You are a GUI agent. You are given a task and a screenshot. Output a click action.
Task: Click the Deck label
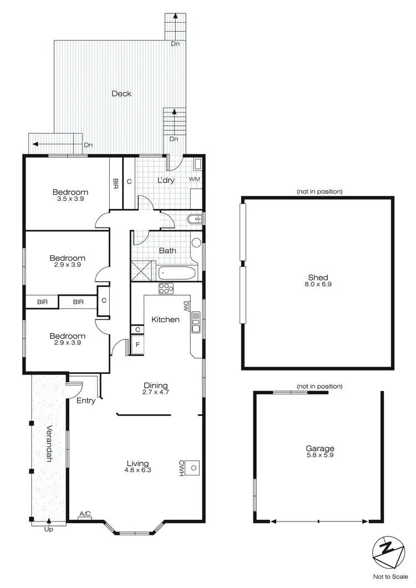(x=121, y=94)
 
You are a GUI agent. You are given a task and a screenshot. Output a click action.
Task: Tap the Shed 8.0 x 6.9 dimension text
(x=318, y=284)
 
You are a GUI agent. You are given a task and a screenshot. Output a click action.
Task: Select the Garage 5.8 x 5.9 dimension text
(x=319, y=455)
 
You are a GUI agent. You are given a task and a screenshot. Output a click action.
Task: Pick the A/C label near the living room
(x=85, y=514)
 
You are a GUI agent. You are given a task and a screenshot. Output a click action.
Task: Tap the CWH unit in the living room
(x=192, y=468)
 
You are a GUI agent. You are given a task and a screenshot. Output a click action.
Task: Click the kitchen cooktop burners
(x=166, y=288)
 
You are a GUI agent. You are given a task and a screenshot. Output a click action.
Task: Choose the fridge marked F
(x=137, y=345)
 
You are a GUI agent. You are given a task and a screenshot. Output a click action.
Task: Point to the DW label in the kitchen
(x=185, y=305)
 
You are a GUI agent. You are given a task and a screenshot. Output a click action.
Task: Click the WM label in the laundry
(x=194, y=179)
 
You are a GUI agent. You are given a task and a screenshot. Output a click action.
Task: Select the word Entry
(x=86, y=401)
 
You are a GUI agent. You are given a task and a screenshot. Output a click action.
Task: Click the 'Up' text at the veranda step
(x=48, y=529)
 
